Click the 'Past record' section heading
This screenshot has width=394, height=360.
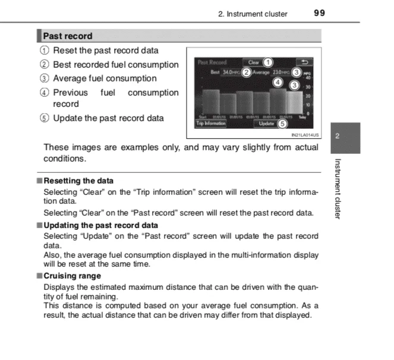click(x=68, y=36)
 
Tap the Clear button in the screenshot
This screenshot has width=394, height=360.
click(x=253, y=62)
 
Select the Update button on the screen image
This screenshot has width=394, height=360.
click(x=267, y=124)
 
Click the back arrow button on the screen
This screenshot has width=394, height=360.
click(x=305, y=62)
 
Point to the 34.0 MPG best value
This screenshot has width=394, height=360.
click(x=229, y=72)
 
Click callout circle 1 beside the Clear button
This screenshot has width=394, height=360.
click(x=268, y=62)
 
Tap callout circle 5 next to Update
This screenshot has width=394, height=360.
click(x=282, y=124)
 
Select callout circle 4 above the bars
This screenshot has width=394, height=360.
click(x=278, y=81)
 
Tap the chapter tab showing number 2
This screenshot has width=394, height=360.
click(x=339, y=136)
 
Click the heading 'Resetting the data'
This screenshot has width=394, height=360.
click(x=78, y=181)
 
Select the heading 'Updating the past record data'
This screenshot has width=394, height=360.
click(x=100, y=225)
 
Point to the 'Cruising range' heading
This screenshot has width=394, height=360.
click(x=72, y=276)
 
